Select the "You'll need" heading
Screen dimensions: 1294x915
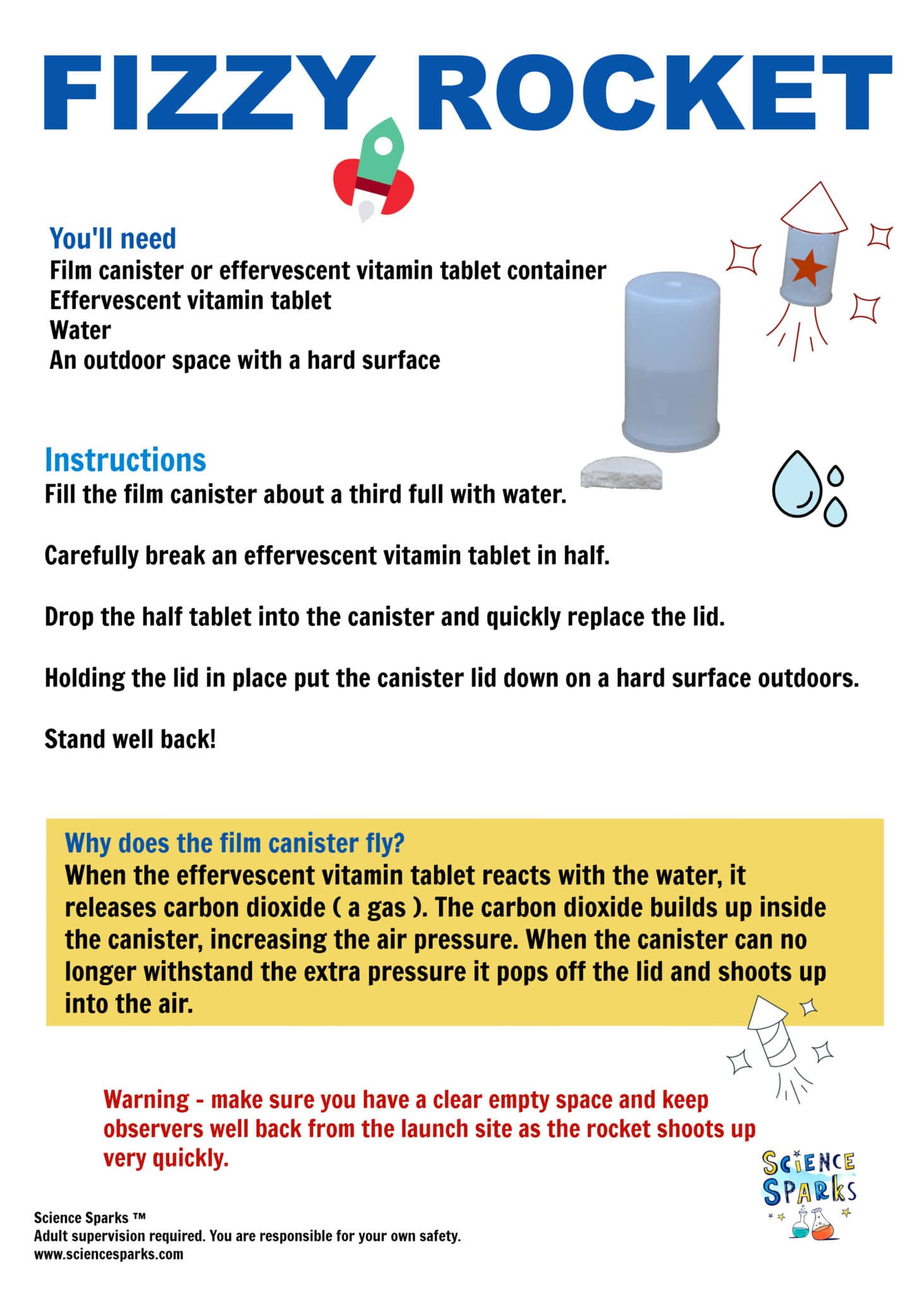tap(112, 239)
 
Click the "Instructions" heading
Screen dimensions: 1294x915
tap(125, 460)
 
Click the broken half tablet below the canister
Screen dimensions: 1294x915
tap(622, 475)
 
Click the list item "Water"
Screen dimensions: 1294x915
tap(80, 330)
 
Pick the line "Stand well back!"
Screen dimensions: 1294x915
tap(130, 739)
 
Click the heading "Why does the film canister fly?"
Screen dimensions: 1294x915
tap(234, 843)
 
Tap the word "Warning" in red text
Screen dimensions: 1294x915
tap(146, 1100)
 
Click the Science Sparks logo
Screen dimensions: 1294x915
tap(809, 1194)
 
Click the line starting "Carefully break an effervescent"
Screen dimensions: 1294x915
tap(327, 555)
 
